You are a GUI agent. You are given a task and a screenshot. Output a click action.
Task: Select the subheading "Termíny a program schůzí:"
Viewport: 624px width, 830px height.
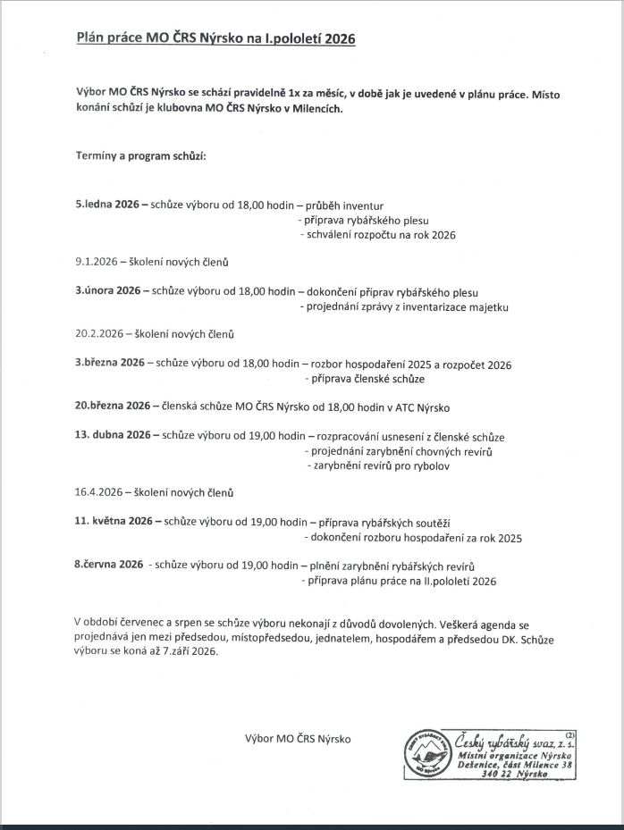pyautogui.click(x=140, y=156)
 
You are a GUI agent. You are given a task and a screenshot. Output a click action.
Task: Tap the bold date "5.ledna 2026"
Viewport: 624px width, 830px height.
pyautogui.click(x=107, y=205)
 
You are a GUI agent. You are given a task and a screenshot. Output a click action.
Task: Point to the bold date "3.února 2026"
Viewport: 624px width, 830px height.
pyautogui.click(x=108, y=291)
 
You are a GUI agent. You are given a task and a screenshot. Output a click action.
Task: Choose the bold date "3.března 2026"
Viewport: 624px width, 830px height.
pyautogui.click(x=110, y=363)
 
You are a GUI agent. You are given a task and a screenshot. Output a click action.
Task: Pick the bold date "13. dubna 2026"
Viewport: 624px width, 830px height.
pyautogui.click(x=113, y=436)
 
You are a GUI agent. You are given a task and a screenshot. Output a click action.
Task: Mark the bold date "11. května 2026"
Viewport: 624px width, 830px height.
pyautogui.click(x=114, y=522)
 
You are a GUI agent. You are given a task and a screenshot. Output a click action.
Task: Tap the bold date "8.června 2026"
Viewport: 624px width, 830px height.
pyautogui.click(x=109, y=565)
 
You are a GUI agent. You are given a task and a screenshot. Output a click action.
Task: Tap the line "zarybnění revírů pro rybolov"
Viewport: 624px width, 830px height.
pyautogui.click(x=379, y=465)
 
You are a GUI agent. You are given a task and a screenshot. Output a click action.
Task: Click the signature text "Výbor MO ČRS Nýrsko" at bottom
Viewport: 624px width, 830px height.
pyautogui.click(x=298, y=738)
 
